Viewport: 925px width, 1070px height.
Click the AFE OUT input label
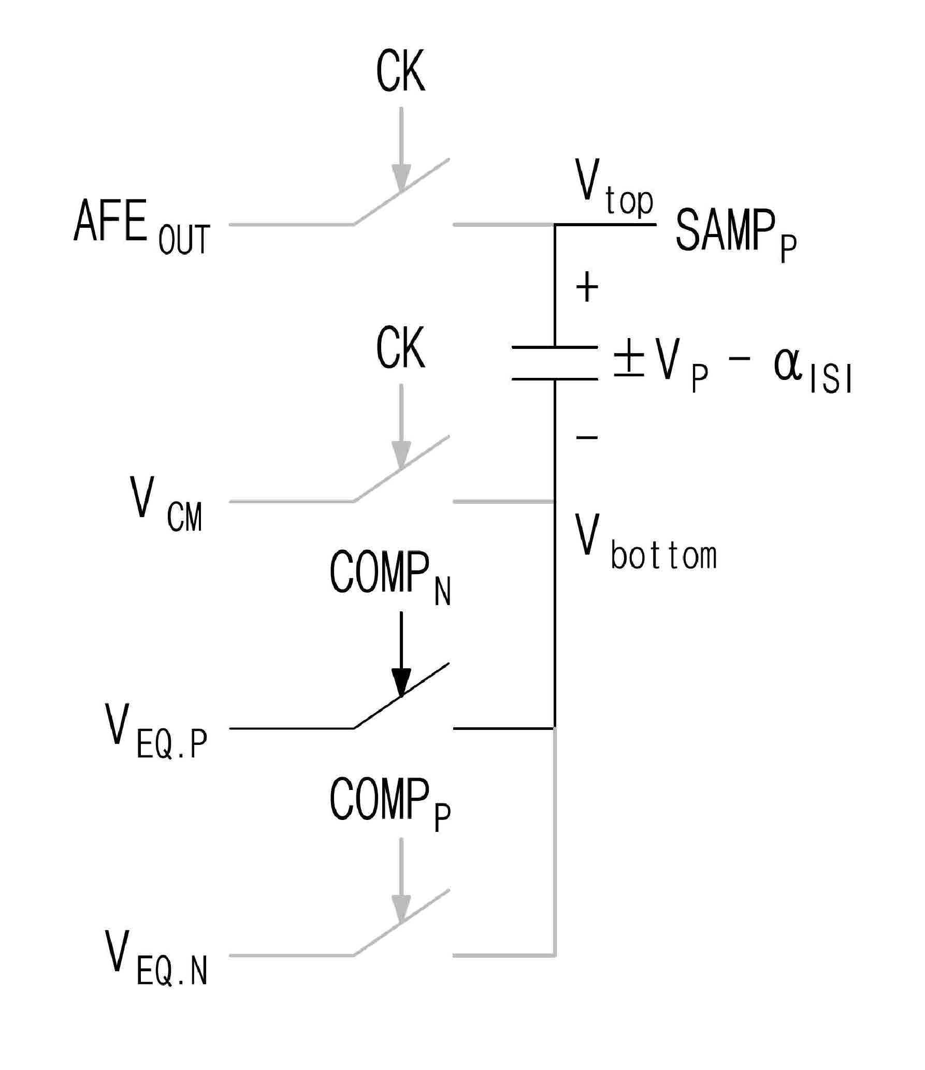pos(142,227)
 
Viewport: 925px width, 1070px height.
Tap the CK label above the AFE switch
pos(400,72)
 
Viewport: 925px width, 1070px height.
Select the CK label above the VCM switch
pos(400,348)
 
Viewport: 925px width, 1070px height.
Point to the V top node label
pos(615,188)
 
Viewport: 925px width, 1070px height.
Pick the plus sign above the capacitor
pos(587,288)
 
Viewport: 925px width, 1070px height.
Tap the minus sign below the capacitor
pos(587,438)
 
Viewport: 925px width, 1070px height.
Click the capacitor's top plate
pos(555,347)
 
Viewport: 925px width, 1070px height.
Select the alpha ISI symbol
pos(812,371)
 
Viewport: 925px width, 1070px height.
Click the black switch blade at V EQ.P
pos(401,695)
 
